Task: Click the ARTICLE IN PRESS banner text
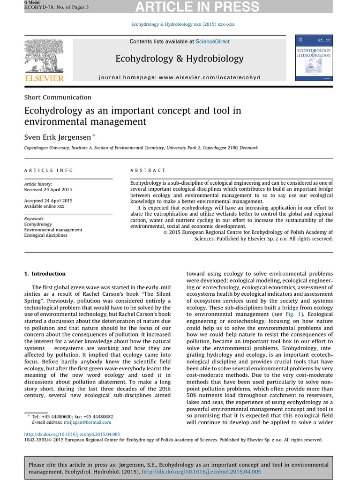tap(210, 7)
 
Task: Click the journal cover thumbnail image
tap(314, 57)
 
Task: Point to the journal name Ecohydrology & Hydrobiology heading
tap(180, 59)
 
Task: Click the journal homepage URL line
tap(180, 77)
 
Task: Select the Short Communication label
tap(58, 97)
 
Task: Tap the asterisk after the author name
tap(94, 135)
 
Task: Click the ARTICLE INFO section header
tap(49, 171)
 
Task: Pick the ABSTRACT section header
tap(148, 171)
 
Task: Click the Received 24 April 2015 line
tap(48, 190)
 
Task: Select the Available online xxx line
tap(44, 206)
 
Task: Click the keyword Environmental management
tap(53, 230)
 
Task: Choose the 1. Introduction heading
tap(45, 274)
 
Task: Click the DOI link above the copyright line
tap(72, 434)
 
